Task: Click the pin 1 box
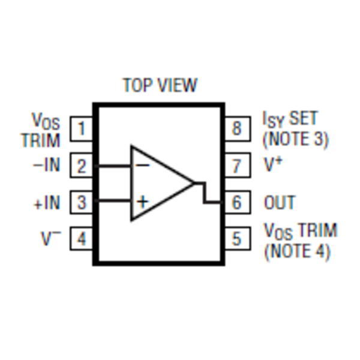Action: click(x=82, y=129)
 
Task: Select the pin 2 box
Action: click(x=82, y=166)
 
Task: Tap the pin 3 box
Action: click(x=82, y=202)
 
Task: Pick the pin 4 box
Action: click(x=82, y=239)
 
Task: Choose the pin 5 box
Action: click(x=237, y=239)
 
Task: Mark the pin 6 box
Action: click(x=237, y=202)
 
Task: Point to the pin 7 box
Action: click(x=237, y=166)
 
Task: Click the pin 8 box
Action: click(x=237, y=129)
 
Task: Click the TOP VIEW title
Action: click(x=160, y=85)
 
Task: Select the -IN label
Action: click(x=47, y=164)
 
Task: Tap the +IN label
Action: click(x=47, y=203)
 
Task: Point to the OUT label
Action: click(x=280, y=203)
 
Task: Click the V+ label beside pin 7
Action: click(x=273, y=164)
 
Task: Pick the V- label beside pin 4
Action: click(x=51, y=238)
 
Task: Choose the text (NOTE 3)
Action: click(x=296, y=139)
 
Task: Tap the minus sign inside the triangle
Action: click(x=142, y=164)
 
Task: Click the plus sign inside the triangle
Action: click(x=142, y=201)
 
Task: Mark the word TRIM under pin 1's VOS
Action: click(x=41, y=140)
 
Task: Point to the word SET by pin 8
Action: click(x=303, y=119)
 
